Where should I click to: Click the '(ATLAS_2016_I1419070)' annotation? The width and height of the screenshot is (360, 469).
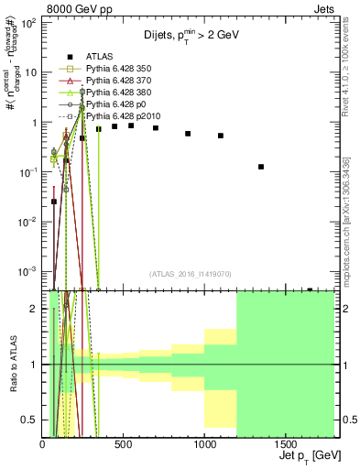point(191,273)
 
